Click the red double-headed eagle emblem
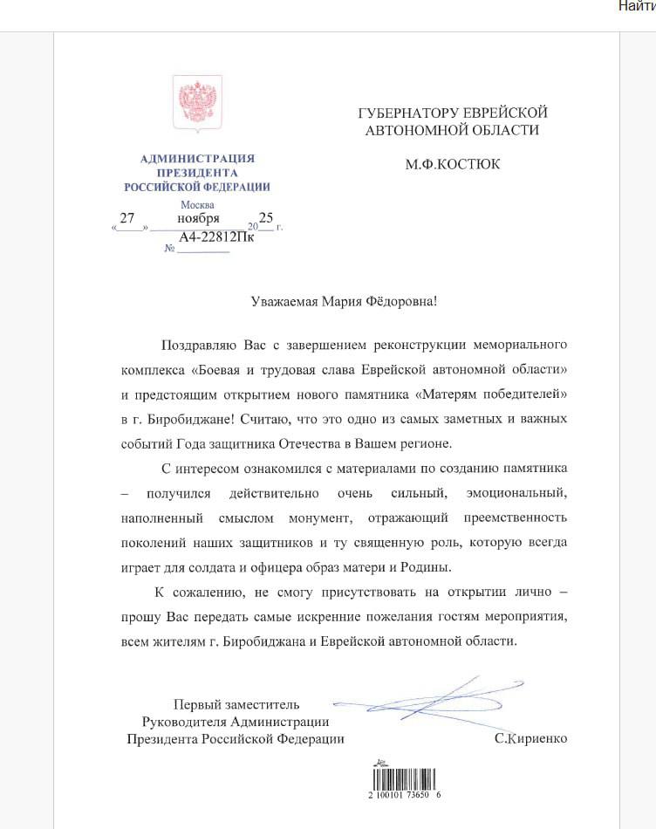click(x=197, y=104)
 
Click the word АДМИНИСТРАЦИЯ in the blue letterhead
click(x=197, y=158)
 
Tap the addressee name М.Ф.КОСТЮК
click(x=452, y=163)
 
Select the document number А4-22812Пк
click(x=215, y=237)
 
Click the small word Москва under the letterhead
click(x=197, y=205)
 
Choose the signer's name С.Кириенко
click(x=530, y=738)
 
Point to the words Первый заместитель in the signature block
click(x=236, y=704)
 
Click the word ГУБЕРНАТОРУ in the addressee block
click(x=402, y=113)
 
